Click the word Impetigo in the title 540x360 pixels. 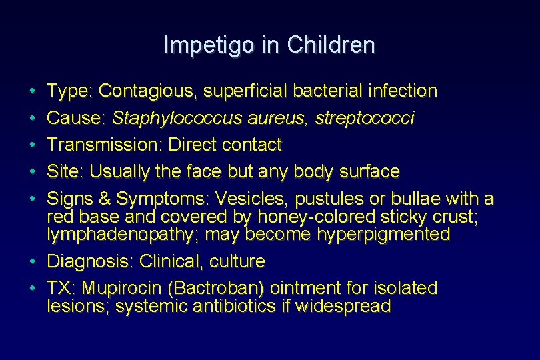point(201,45)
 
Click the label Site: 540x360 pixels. point(65,171)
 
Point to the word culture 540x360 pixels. point(236,261)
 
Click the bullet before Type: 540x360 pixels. point(33,91)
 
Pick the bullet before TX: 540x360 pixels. point(33,289)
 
